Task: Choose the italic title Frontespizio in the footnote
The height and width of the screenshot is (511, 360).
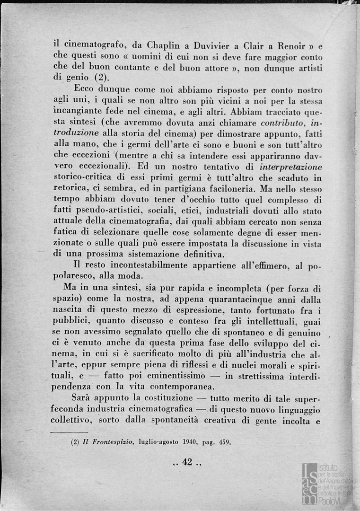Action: click(x=112, y=443)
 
